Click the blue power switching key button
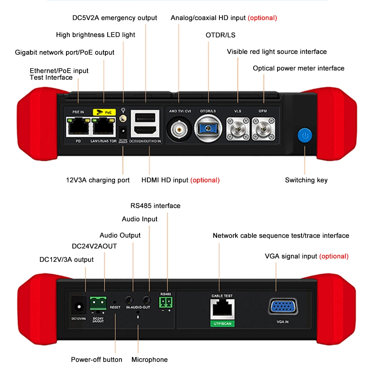(305, 135)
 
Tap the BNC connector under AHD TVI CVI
(179, 130)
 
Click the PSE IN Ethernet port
(78, 128)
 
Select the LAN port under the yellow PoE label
(103, 128)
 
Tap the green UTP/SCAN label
(222, 323)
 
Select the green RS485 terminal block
(165, 302)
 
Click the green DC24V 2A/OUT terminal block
(98, 302)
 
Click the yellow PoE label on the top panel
(103, 112)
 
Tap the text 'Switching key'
(306, 180)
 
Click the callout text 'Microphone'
(149, 360)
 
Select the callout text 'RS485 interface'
(155, 206)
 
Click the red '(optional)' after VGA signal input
(334, 256)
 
